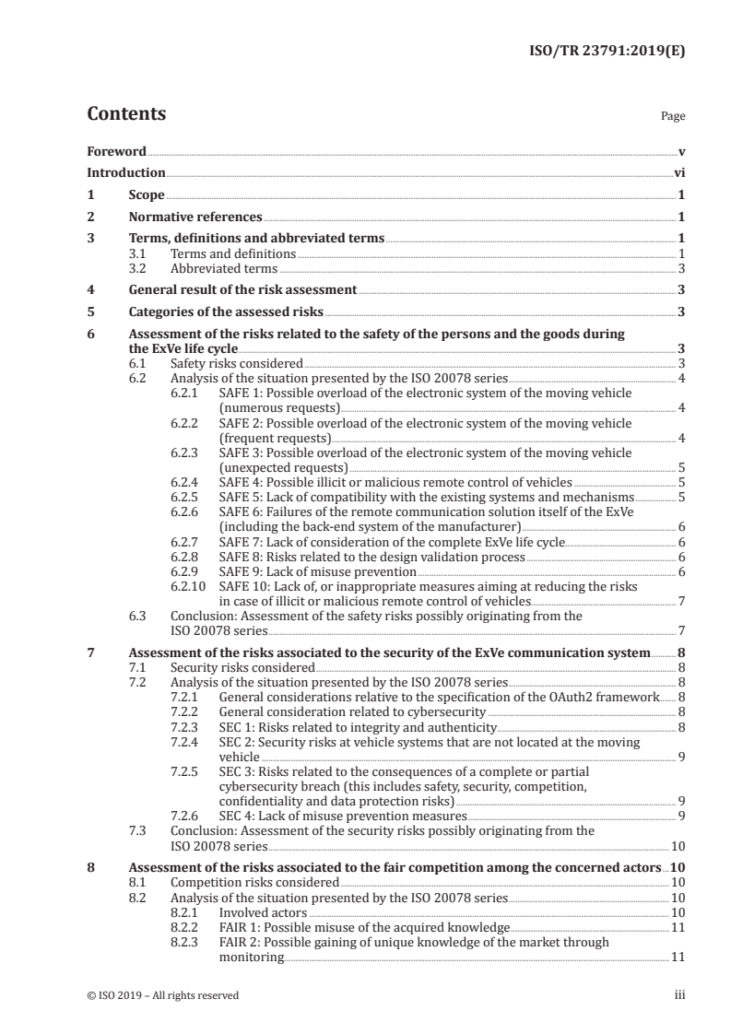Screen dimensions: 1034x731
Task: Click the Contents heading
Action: click(x=126, y=114)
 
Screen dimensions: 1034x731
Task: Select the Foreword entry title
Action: click(x=116, y=150)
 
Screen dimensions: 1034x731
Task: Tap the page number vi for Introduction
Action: click(x=678, y=172)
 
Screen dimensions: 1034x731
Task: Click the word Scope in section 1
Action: click(x=147, y=195)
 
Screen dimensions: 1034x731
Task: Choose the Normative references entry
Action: click(x=195, y=217)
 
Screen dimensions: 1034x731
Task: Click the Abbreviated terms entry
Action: click(x=224, y=268)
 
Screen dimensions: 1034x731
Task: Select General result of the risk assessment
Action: click(x=242, y=289)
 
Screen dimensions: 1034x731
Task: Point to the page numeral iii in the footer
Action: click(x=679, y=994)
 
